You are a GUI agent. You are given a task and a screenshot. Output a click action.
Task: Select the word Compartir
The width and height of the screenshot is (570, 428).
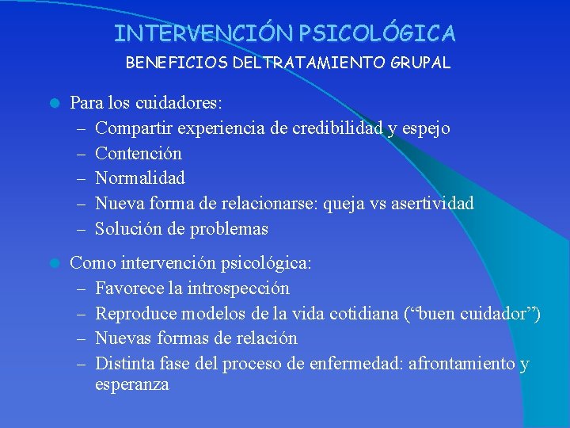134,128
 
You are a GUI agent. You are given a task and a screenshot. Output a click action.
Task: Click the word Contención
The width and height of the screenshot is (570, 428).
139,153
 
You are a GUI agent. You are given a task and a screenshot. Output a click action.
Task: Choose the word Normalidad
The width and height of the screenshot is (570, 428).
140,178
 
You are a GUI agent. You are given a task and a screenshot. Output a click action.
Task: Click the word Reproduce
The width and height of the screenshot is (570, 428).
135,313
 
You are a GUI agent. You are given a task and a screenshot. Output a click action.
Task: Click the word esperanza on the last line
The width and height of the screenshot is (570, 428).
131,385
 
